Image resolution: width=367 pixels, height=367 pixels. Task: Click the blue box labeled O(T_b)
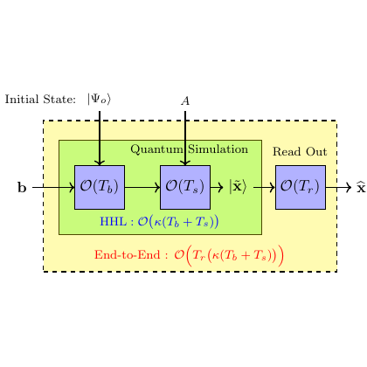(x=100, y=187)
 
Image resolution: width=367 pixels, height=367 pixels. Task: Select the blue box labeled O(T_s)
(x=185, y=187)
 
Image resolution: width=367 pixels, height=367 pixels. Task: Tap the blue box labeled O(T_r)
(x=301, y=187)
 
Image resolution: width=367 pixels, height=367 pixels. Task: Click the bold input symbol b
(x=22, y=188)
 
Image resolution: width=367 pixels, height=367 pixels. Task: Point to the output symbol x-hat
(x=361, y=187)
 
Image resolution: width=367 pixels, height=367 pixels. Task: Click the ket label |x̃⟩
(x=238, y=187)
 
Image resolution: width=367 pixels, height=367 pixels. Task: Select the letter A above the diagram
(x=185, y=100)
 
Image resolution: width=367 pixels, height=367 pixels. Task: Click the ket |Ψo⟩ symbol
(x=99, y=99)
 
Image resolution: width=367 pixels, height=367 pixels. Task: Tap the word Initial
(x=22, y=100)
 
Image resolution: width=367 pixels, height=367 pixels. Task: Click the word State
(x=59, y=100)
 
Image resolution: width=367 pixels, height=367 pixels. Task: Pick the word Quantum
(x=156, y=149)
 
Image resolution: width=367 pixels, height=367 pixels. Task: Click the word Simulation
(x=218, y=149)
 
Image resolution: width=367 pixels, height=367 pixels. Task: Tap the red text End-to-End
(x=128, y=255)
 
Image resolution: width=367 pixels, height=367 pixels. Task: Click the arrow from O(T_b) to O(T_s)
(x=142, y=187)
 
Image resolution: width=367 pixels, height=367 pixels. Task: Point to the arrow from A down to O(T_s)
(x=185, y=138)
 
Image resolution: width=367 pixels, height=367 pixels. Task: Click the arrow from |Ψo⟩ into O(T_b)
(x=100, y=138)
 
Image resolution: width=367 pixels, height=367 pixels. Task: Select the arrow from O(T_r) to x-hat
(x=339, y=187)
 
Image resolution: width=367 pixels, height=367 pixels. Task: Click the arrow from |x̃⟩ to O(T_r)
(x=265, y=187)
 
